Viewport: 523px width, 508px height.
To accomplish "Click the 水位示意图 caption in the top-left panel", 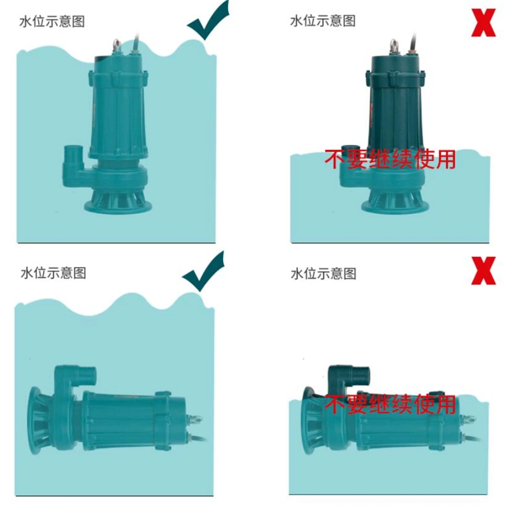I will pyautogui.click(x=52, y=21).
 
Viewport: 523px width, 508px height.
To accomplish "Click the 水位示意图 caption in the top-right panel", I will pyautogui.click(x=323, y=20).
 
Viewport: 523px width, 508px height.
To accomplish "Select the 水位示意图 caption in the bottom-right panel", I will pyautogui.click(x=323, y=273).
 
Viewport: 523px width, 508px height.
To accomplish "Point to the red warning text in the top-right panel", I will pyautogui.click(x=390, y=159).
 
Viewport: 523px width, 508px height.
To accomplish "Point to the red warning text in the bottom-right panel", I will pyautogui.click(x=390, y=404).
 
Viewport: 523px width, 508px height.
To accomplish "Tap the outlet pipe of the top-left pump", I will pyautogui.click(x=72, y=157).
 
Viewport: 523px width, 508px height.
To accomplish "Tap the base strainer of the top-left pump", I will pyautogui.click(x=118, y=202).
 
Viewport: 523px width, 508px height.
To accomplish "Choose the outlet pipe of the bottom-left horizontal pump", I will pyautogui.click(x=87, y=374).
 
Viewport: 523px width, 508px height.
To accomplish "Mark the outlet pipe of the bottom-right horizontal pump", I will pyautogui.click(x=361, y=374).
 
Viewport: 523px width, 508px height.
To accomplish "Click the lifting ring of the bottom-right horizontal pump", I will pyautogui.click(x=470, y=419).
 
